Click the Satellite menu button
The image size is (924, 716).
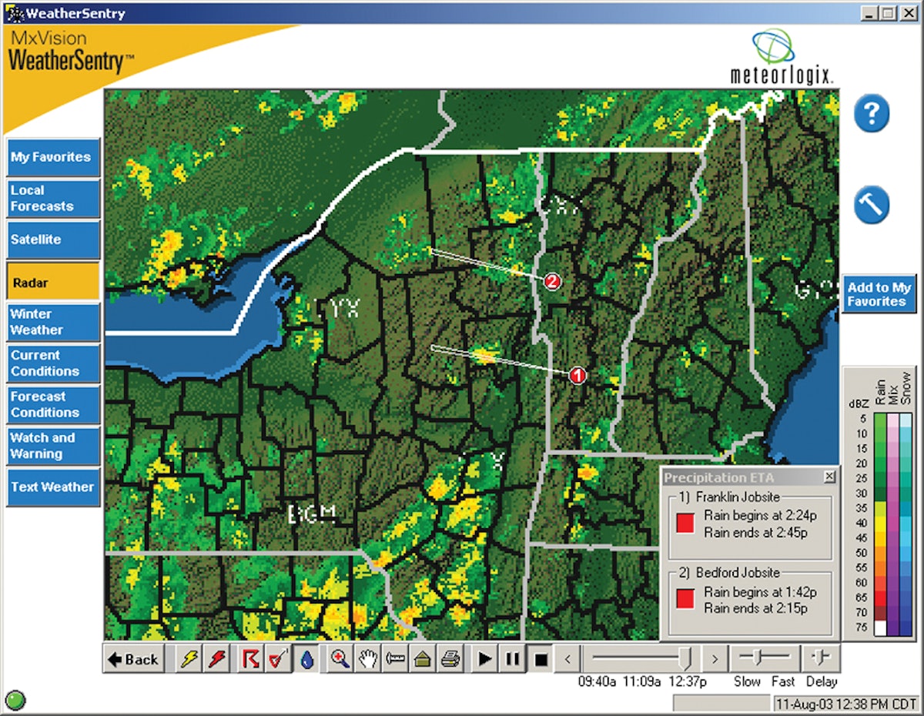click(x=53, y=239)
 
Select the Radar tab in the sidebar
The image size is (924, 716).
click(x=53, y=283)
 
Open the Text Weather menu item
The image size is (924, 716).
click(x=53, y=487)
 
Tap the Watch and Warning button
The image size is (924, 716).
click(x=53, y=446)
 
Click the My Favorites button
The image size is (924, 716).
click(x=53, y=157)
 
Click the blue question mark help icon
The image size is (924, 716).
click(x=871, y=115)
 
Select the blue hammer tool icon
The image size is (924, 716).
click(x=871, y=205)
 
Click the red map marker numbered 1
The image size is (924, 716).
click(x=577, y=375)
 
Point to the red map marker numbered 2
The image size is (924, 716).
click(x=551, y=282)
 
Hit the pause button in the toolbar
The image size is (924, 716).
click(x=512, y=659)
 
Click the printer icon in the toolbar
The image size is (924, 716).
click(x=451, y=659)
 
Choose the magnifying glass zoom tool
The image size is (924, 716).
click(x=340, y=659)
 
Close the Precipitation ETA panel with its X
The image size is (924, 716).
click(x=829, y=477)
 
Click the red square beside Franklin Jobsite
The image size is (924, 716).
click(x=685, y=524)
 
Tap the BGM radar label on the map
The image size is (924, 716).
click(x=312, y=514)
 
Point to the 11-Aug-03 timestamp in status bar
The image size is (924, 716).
click(x=845, y=703)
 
